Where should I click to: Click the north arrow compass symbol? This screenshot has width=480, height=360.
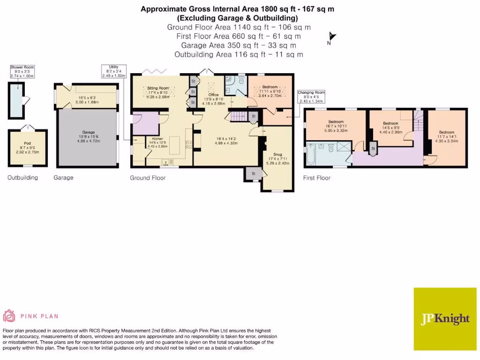pos(331,38)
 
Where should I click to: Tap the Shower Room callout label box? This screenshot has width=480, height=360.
pos(23,71)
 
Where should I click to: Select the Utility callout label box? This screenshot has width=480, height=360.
pos(113,71)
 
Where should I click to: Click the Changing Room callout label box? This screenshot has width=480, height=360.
pos(311,97)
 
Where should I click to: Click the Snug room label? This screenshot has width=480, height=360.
pos(277,154)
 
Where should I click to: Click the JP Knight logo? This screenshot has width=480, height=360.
pos(444,318)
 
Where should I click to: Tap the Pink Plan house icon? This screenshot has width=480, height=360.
pos(9,316)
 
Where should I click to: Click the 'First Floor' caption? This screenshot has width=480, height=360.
pos(316,178)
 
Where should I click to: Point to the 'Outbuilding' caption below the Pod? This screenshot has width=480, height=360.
pos(22,178)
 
